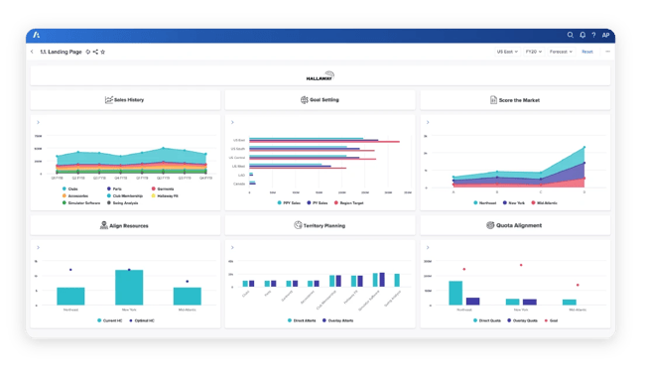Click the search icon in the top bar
click(x=571, y=35)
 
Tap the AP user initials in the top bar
click(x=606, y=35)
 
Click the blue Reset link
click(x=587, y=52)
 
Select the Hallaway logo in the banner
click(x=322, y=75)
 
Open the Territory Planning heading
click(x=320, y=225)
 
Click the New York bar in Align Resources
click(x=129, y=287)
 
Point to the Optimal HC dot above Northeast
click(x=70, y=270)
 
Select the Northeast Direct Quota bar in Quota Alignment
click(x=455, y=292)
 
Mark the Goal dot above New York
click(x=520, y=265)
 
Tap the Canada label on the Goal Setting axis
click(x=239, y=183)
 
